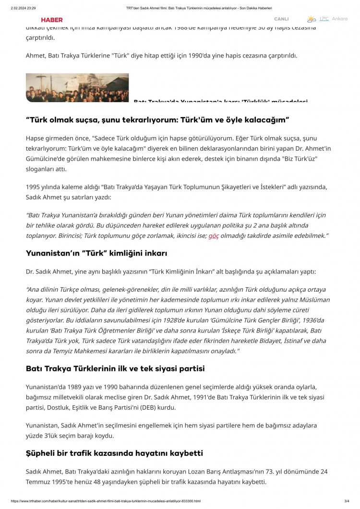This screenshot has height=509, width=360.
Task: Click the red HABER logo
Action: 52,20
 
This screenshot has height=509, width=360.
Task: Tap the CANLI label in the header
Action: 281,19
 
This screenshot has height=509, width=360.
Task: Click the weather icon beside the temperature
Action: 312,19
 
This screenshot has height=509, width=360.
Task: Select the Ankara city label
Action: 339,19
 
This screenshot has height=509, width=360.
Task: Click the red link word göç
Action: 214,236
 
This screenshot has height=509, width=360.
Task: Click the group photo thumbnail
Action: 77,87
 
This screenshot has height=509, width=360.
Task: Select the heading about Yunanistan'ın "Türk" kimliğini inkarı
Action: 96,253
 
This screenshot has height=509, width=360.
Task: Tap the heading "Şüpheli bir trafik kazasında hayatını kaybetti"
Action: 114,453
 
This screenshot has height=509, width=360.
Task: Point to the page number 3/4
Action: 347,501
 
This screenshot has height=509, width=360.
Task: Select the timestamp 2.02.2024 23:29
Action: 23,8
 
